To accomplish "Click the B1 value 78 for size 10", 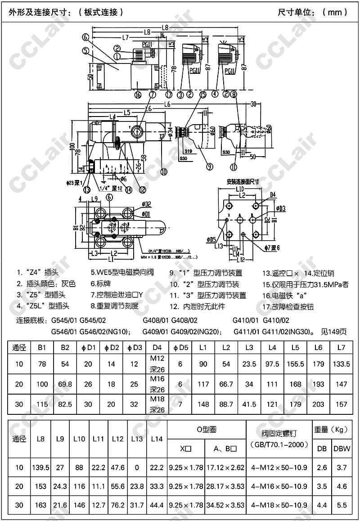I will click(42, 364).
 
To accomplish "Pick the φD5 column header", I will click(180, 348).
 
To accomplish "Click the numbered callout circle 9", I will click(209, 166).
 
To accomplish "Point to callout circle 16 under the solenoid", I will click(138, 94).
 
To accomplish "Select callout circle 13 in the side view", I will click(87, 189).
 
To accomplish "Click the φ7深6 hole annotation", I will click(272, 248).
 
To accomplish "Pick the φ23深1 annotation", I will click(75, 183).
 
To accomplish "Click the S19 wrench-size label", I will click(188, 152).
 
